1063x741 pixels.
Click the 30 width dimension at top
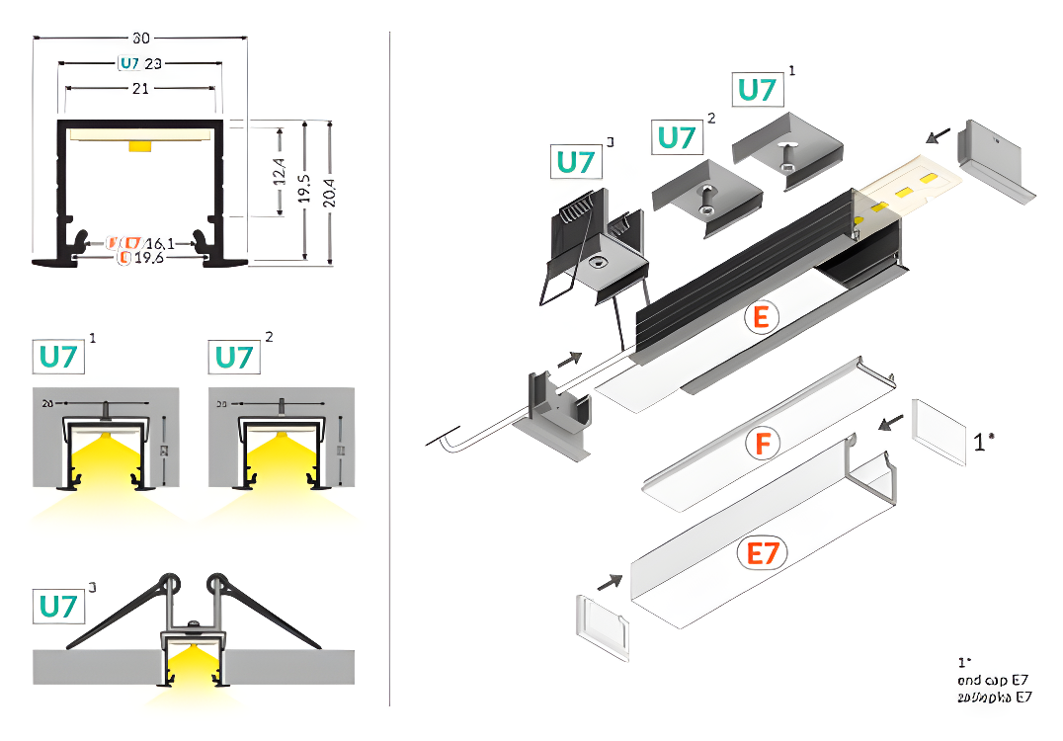(x=141, y=39)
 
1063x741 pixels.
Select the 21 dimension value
(x=140, y=89)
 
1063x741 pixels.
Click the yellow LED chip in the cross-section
(x=140, y=147)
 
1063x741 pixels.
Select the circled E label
(x=761, y=317)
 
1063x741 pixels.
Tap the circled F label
(x=761, y=444)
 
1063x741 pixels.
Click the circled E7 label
(x=762, y=553)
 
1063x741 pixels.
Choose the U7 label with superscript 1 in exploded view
(x=757, y=89)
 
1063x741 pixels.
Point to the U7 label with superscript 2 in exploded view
(x=677, y=137)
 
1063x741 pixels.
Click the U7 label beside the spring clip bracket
(x=576, y=161)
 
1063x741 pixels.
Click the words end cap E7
(x=994, y=680)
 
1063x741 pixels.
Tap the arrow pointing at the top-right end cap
(x=939, y=133)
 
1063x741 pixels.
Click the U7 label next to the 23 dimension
(x=129, y=64)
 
